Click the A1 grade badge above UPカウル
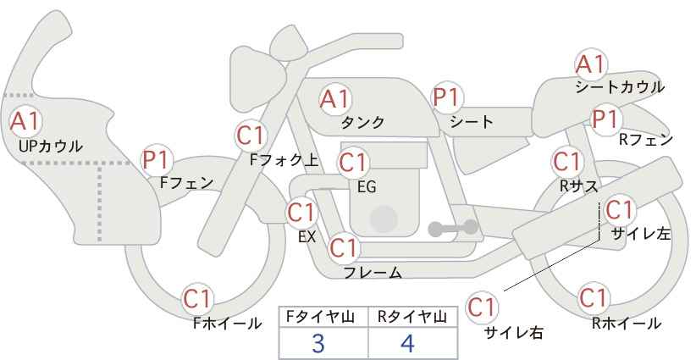[x=25, y=121]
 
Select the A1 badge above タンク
[x=335, y=99]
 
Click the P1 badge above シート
[x=447, y=97]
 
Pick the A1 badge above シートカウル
[x=591, y=64]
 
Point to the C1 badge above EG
[x=353, y=163]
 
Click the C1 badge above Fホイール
[x=198, y=299]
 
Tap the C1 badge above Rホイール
[x=594, y=297]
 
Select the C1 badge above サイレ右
[x=482, y=307]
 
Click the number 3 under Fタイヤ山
[x=318, y=344]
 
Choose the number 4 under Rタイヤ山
[x=407, y=344]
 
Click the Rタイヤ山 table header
[x=412, y=317]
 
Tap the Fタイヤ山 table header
[x=320, y=317]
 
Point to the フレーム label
[x=373, y=272]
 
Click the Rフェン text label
[x=646, y=140]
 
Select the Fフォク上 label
[x=284, y=160]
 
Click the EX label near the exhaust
[x=307, y=236]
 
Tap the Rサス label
[x=578, y=186]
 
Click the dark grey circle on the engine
[x=384, y=219]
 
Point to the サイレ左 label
[x=641, y=234]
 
